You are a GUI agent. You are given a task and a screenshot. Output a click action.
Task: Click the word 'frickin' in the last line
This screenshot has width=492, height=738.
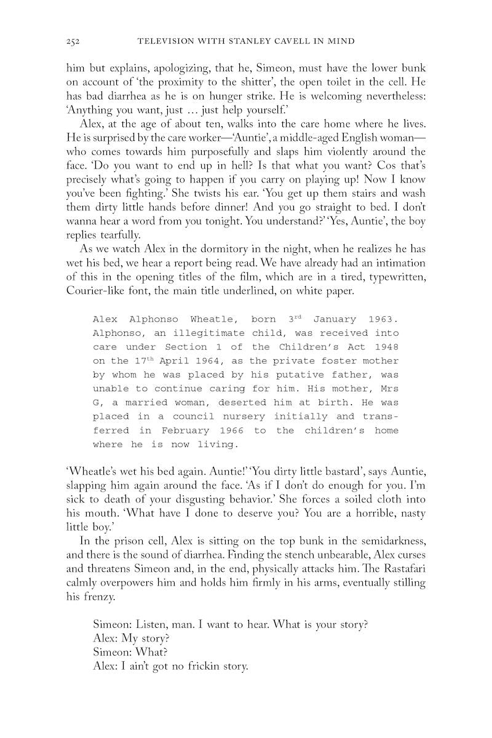click(x=203, y=666)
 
